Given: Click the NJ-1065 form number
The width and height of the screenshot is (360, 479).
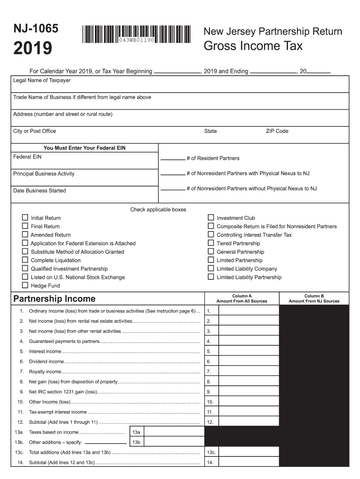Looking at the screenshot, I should point(36,29).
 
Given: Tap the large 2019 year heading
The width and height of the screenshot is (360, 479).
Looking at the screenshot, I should point(32,49).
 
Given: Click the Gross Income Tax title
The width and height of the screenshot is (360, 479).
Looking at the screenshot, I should point(253,46).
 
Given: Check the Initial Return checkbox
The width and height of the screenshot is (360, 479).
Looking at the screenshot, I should point(25,218).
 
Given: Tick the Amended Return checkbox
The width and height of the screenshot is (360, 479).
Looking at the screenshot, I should point(25,234).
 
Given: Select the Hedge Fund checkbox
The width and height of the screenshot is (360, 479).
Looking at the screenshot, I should point(25,285).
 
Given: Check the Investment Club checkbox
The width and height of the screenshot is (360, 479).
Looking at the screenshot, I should point(211,218).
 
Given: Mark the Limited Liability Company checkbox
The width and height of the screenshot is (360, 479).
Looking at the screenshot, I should point(211,269).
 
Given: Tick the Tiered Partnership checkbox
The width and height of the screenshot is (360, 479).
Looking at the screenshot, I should point(211,243).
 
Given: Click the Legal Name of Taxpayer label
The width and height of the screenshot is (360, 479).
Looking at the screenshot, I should point(42,80).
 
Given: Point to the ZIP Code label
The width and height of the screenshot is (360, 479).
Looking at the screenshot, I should point(277,131).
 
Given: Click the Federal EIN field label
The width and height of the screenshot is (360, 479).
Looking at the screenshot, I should point(28,157).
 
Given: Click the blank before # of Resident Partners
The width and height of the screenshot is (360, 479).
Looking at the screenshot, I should point(173,159).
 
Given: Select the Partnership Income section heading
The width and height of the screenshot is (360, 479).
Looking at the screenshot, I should point(54,298).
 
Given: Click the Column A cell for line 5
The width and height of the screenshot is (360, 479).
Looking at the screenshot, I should point(249,351).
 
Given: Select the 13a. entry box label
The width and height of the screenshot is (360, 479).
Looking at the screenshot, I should point(137,432).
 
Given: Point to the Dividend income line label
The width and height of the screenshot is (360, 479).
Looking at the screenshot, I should point(46,362).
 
